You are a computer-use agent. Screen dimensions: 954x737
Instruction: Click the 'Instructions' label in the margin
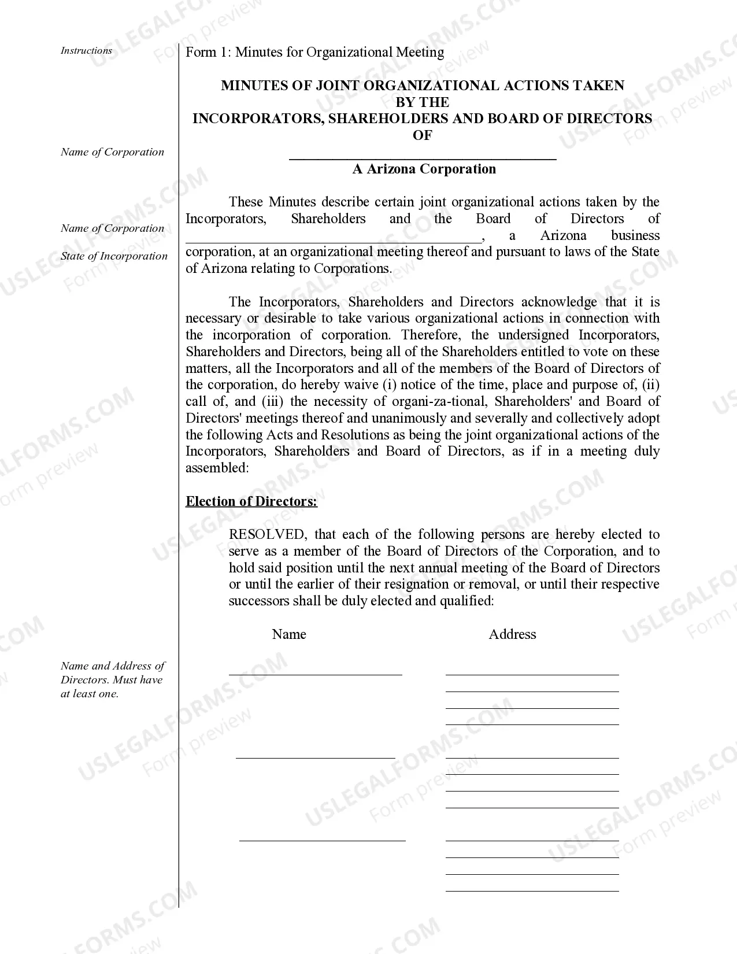click(86, 51)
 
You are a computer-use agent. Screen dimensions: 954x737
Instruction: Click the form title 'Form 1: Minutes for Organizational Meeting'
click(314, 53)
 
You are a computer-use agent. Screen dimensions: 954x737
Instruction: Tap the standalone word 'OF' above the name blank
click(422, 135)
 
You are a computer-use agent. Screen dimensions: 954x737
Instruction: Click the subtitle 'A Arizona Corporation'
click(424, 169)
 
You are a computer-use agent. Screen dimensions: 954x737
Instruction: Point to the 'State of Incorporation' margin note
click(114, 256)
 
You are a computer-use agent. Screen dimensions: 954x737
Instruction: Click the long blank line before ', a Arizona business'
click(333, 241)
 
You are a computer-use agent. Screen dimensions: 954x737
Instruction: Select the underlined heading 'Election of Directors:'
click(251, 501)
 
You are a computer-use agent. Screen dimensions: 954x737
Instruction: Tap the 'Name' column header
click(288, 634)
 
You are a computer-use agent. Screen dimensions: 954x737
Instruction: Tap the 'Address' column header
click(512, 634)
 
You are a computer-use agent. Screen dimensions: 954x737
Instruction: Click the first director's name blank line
click(315, 674)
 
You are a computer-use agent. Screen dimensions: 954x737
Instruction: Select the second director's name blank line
click(315, 757)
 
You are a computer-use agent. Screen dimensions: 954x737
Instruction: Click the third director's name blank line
click(322, 840)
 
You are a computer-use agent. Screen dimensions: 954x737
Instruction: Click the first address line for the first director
click(532, 674)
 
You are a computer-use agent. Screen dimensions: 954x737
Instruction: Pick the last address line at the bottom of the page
click(532, 890)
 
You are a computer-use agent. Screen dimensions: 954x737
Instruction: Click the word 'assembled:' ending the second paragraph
click(217, 468)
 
